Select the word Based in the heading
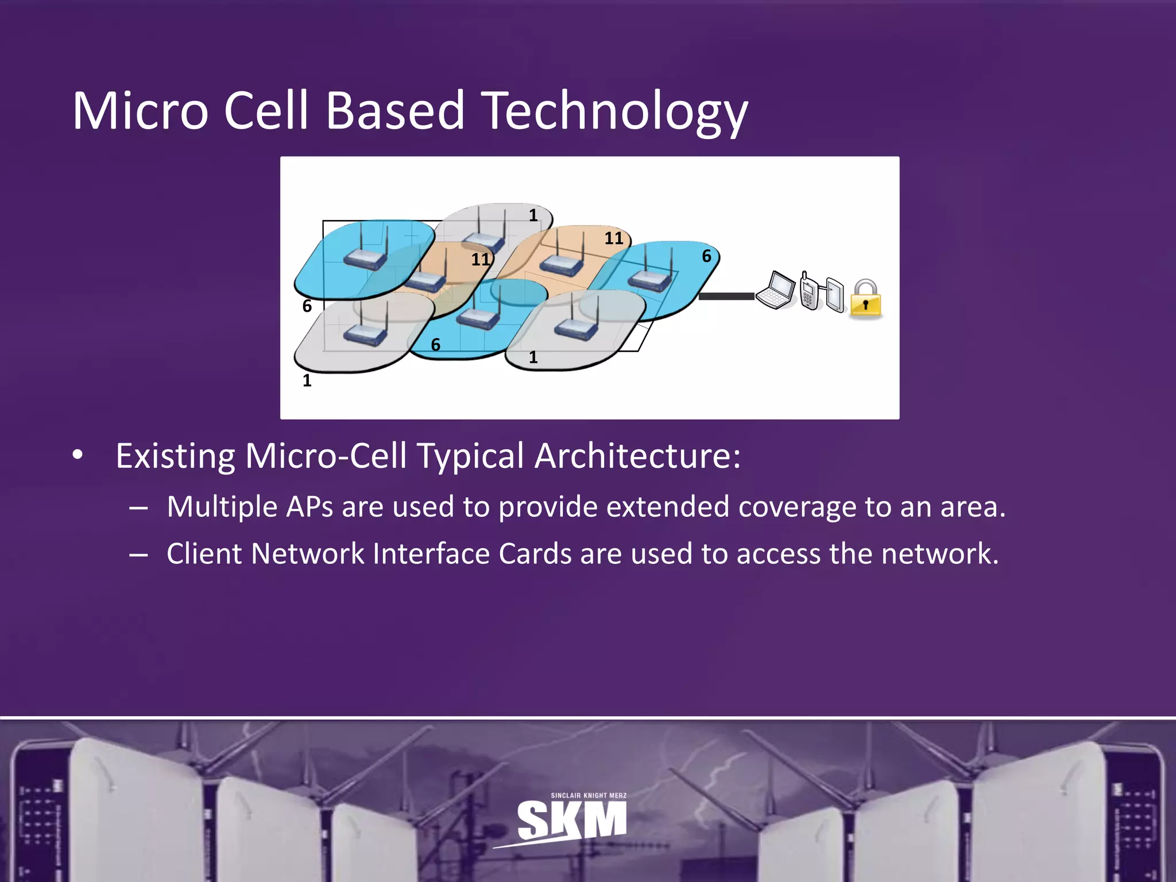click(x=395, y=111)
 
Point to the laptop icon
click(x=775, y=290)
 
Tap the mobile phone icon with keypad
click(x=808, y=292)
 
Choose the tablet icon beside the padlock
click(x=834, y=294)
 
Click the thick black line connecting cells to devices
click(x=726, y=296)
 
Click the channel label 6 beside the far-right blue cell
click(x=706, y=256)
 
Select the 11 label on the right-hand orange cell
click(x=613, y=238)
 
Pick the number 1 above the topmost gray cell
click(x=533, y=215)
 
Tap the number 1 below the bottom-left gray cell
click(x=307, y=381)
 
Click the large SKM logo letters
click(x=571, y=820)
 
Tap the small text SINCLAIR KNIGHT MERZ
click(x=589, y=795)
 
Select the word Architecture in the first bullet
click(x=637, y=457)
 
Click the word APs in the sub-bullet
click(x=310, y=507)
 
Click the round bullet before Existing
click(x=78, y=455)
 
